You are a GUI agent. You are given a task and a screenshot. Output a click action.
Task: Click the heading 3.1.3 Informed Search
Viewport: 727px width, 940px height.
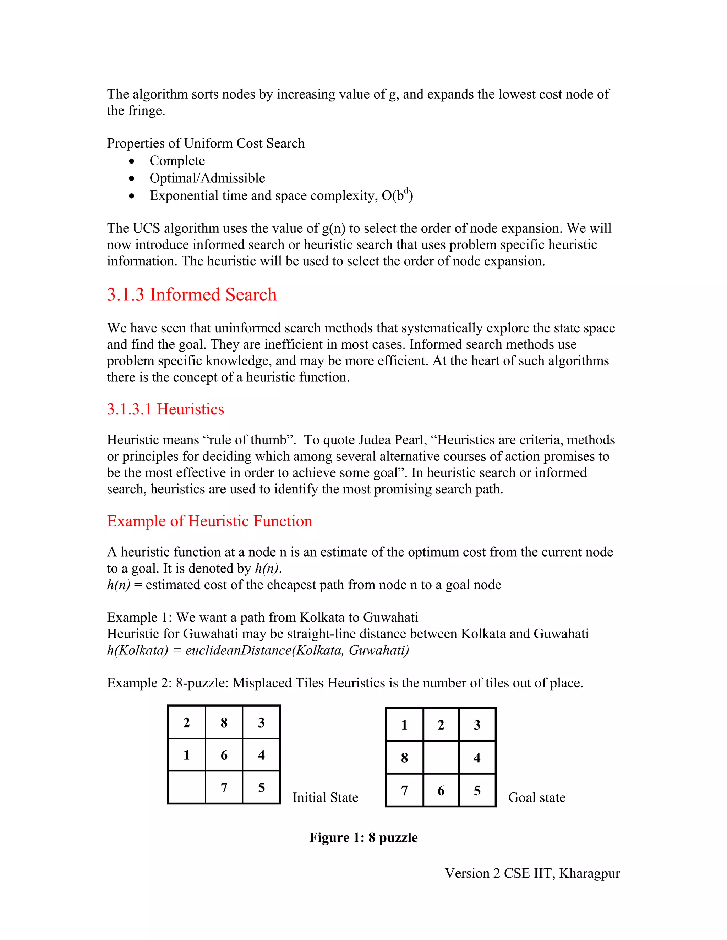point(192,295)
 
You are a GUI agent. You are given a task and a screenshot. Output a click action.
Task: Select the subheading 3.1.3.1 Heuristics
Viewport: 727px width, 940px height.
point(165,409)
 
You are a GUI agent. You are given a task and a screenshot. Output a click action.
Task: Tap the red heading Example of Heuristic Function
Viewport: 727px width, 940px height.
point(209,521)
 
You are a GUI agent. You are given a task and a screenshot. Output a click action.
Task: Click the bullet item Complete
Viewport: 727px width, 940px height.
point(177,161)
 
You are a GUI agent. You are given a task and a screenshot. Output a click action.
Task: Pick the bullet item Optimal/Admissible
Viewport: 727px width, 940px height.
point(207,178)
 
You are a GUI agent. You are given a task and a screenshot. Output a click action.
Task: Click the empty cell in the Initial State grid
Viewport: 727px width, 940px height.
point(186,787)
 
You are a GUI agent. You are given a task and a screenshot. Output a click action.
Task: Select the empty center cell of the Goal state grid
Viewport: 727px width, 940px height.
point(441,758)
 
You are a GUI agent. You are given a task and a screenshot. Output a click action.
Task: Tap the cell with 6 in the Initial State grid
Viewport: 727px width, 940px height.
point(224,755)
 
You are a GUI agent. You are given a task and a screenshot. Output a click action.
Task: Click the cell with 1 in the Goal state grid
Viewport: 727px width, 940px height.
point(404,725)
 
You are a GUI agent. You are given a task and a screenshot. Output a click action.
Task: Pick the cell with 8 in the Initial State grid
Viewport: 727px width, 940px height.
point(224,723)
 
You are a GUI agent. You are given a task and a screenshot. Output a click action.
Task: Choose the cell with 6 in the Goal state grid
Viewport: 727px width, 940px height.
point(441,791)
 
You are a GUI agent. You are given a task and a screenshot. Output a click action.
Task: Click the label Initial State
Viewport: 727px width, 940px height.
point(325,797)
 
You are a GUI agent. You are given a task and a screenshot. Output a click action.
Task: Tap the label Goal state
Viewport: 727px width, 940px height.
point(536,797)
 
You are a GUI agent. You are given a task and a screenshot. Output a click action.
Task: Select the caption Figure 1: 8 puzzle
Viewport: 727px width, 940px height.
point(363,837)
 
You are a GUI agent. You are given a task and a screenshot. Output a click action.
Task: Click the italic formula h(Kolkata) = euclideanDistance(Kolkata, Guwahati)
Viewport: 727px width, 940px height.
point(258,650)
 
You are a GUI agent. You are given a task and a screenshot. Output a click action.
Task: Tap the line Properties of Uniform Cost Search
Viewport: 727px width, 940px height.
point(206,143)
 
